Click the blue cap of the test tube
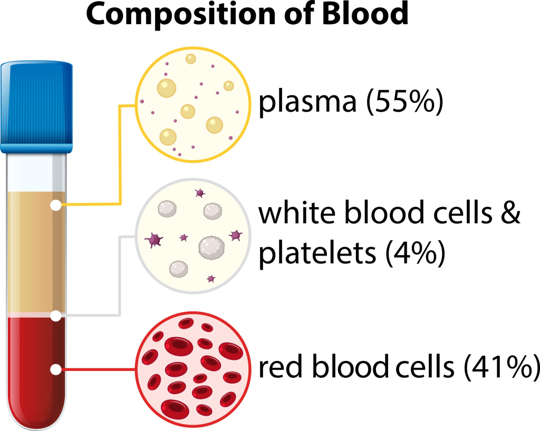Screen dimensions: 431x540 tap(36, 105)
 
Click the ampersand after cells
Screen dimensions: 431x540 tap(509, 213)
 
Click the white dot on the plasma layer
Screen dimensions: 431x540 tap(55, 205)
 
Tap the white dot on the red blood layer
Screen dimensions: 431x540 tap(55, 369)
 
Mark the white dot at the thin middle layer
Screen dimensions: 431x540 tap(55, 316)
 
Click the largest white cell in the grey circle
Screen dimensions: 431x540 tap(211, 247)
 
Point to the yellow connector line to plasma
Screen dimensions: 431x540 tap(121, 158)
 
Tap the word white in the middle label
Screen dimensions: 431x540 tap(291, 213)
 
